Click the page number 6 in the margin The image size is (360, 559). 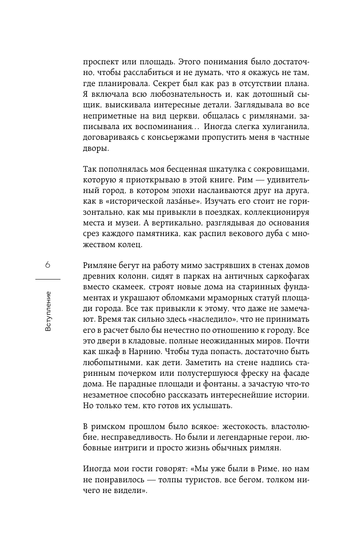pyautogui.click(x=47, y=265)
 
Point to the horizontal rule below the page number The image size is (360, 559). pyautogui.click(x=47, y=279)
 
